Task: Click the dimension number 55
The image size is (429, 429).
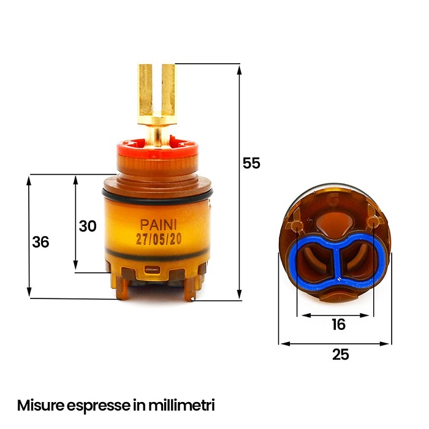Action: click(251, 163)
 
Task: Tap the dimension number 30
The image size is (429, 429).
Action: click(88, 226)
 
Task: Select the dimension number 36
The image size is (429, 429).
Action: click(40, 242)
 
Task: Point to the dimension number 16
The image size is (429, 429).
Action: click(339, 324)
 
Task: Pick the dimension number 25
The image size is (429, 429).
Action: click(341, 354)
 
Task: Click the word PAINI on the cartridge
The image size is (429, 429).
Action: click(158, 225)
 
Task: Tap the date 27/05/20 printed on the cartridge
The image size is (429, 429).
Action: click(159, 240)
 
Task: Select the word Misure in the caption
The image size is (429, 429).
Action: click(40, 405)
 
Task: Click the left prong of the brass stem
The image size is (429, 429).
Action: click(145, 90)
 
